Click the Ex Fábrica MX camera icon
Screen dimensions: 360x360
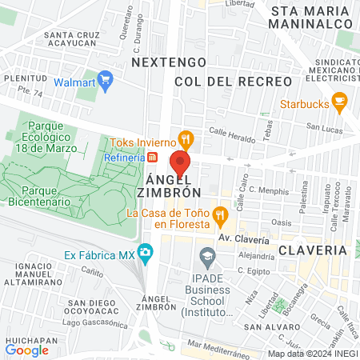[x=145, y=254]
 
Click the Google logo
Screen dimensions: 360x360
[x=27, y=350]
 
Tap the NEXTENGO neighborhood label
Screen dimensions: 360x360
[x=169, y=62]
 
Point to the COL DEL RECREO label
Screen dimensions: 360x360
[x=222, y=82]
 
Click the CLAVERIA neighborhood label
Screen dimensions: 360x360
[x=313, y=250]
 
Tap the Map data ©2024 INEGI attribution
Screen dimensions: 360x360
[x=311, y=354]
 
